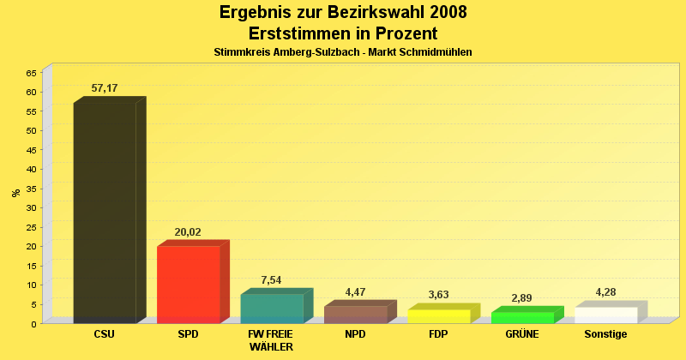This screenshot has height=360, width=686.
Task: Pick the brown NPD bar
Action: [x=355, y=315]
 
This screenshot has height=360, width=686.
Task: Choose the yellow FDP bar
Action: [x=438, y=316]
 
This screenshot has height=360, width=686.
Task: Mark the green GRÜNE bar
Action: [x=522, y=318]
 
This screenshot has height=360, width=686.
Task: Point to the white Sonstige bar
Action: [x=605, y=315]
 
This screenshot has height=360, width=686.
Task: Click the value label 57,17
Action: [x=105, y=88]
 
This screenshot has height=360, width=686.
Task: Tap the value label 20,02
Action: [x=188, y=231]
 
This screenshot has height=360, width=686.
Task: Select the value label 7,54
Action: [x=271, y=280]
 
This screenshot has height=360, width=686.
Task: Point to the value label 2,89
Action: [x=522, y=298]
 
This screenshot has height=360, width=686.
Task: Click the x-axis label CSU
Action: [x=105, y=334]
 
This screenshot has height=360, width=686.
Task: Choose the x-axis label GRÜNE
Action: [x=522, y=334]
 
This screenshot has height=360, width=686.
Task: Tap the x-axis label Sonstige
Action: [x=605, y=334]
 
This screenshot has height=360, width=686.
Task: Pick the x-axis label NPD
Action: [x=355, y=334]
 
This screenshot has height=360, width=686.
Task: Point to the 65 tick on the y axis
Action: [x=32, y=73]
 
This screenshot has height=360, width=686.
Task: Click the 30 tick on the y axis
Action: [x=32, y=207]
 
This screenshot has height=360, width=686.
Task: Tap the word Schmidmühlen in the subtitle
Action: [x=436, y=52]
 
